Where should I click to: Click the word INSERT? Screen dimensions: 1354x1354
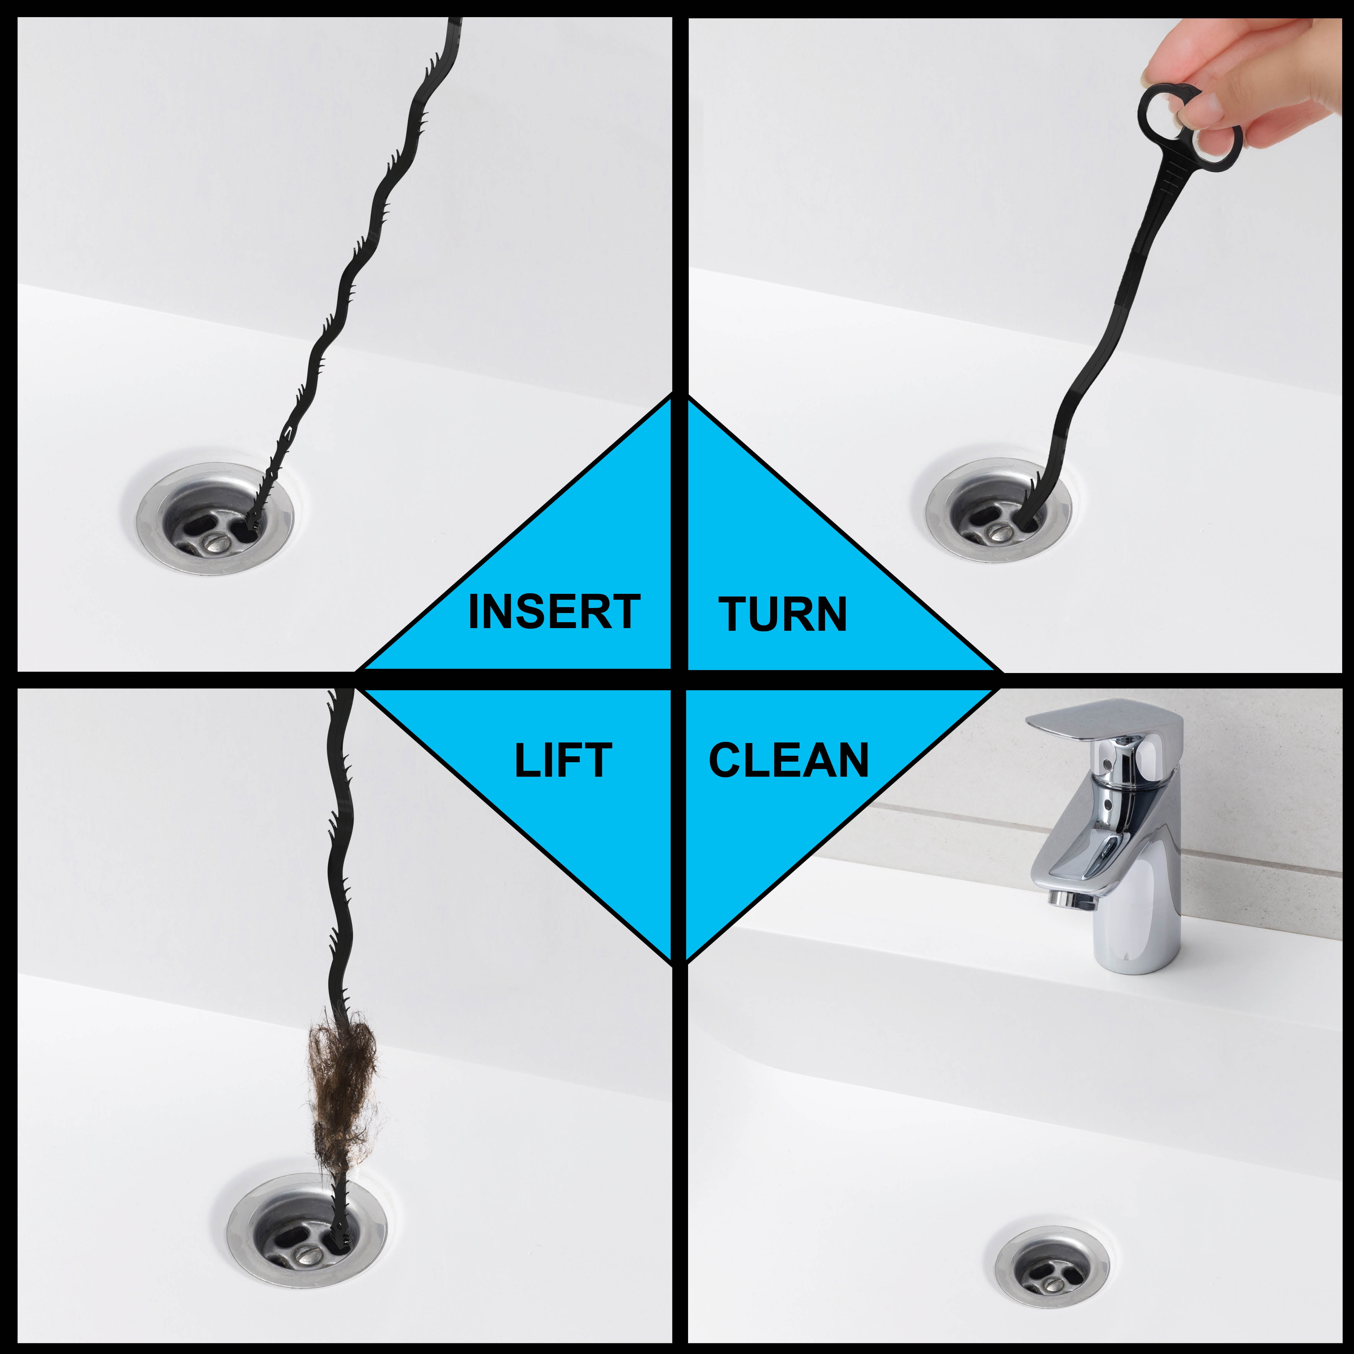point(554,612)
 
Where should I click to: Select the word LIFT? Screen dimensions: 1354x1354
point(563,760)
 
